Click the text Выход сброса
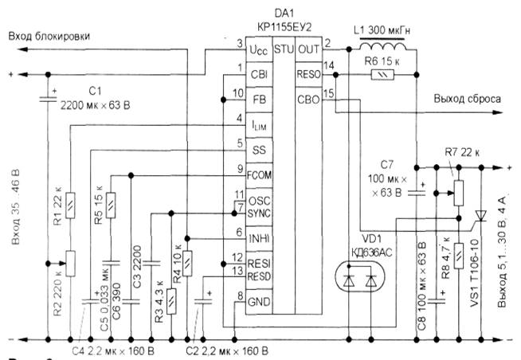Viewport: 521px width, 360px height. point(467,100)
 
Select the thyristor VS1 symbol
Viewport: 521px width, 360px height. point(480,217)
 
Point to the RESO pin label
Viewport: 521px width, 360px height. point(307,75)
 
